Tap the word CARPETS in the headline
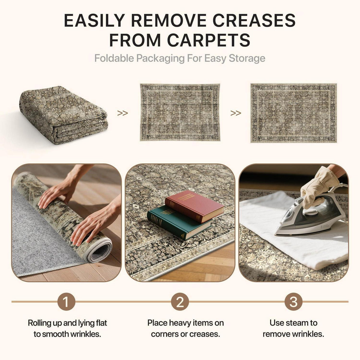[209, 40]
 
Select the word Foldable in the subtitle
[114, 58]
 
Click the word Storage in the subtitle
[247, 58]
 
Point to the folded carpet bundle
[64, 115]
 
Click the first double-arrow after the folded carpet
[123, 113]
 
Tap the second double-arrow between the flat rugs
[236, 113]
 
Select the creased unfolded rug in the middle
[180, 112]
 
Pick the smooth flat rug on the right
[293, 113]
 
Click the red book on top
[194, 206]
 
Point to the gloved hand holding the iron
[319, 187]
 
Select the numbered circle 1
[66, 302]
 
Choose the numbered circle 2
[180, 302]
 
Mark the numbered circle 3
[293, 302]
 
